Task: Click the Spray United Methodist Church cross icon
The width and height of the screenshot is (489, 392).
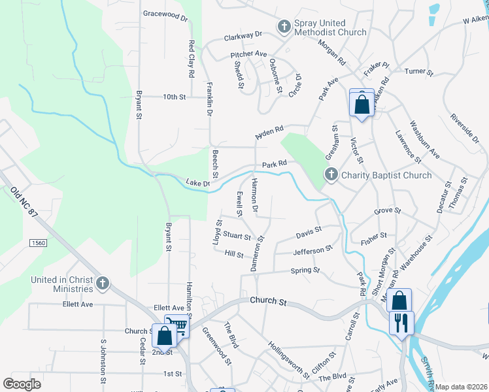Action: [x=284, y=27]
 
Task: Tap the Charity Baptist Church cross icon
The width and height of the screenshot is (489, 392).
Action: [x=331, y=175]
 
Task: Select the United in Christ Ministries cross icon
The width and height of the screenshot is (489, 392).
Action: [x=102, y=284]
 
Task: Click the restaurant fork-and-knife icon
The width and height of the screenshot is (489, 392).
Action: [x=401, y=323]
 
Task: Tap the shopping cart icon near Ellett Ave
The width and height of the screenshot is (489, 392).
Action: [x=177, y=325]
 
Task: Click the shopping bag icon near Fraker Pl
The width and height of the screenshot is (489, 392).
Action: [x=361, y=104]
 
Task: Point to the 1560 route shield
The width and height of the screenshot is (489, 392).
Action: [x=38, y=242]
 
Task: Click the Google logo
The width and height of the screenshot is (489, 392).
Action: [x=22, y=384]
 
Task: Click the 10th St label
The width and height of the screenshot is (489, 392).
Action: [x=175, y=97]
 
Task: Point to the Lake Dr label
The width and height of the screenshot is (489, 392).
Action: [x=197, y=184]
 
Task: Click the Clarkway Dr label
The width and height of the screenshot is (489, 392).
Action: [x=242, y=34]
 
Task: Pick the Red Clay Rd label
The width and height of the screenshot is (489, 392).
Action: [x=192, y=59]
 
